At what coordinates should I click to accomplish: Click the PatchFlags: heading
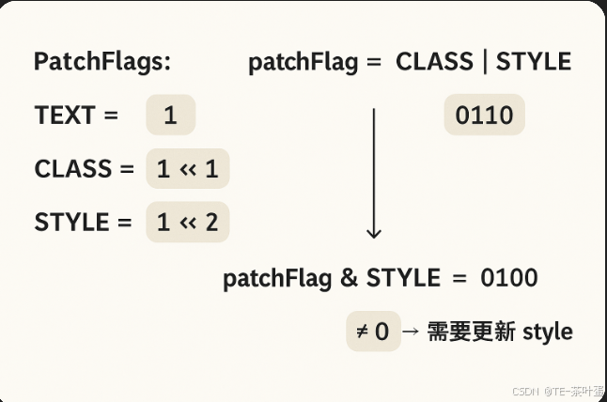102,62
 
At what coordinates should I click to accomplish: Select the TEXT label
65,116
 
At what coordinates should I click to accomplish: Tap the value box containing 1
170,116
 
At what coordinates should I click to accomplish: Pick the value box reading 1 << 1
188,169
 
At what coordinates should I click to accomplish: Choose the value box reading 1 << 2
188,223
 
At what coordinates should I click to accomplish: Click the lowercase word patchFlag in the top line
303,63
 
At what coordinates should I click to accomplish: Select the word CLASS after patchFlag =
434,62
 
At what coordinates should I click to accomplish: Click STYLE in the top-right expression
534,62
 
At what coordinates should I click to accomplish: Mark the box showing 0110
484,116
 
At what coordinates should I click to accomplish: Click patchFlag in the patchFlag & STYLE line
277,278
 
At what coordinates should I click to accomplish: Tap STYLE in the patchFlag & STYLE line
402,278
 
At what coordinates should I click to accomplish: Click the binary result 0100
508,278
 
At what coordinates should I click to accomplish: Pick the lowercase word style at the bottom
547,332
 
